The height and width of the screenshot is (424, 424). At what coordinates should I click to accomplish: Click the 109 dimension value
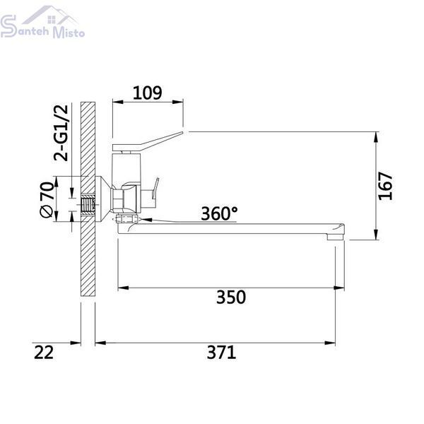pyautogui.click(x=148, y=93)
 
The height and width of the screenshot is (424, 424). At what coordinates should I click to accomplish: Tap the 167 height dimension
pyautogui.click(x=385, y=186)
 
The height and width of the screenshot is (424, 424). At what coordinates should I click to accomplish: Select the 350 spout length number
pyautogui.click(x=231, y=297)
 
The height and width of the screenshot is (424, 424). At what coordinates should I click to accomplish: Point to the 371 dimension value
pyautogui.click(x=221, y=353)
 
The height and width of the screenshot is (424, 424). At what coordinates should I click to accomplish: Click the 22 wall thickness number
pyautogui.click(x=44, y=353)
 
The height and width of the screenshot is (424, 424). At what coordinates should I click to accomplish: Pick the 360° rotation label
pyautogui.click(x=219, y=213)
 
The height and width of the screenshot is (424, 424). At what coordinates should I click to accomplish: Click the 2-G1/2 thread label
pyautogui.click(x=61, y=133)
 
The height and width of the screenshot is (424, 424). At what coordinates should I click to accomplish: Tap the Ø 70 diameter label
pyautogui.click(x=47, y=199)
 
